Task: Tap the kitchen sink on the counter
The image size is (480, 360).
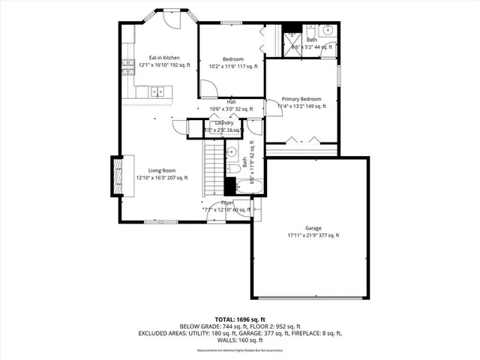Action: click(x=157, y=92)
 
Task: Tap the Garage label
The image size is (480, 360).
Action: click(x=313, y=228)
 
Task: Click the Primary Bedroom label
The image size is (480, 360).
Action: click(x=301, y=99)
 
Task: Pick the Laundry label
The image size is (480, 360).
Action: click(x=224, y=123)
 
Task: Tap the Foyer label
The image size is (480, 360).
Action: click(x=226, y=202)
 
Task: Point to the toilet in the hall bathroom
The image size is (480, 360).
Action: click(x=232, y=168)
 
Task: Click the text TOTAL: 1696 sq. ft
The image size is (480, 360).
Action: click(x=239, y=319)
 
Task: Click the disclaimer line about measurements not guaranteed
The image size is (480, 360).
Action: click(x=239, y=350)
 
